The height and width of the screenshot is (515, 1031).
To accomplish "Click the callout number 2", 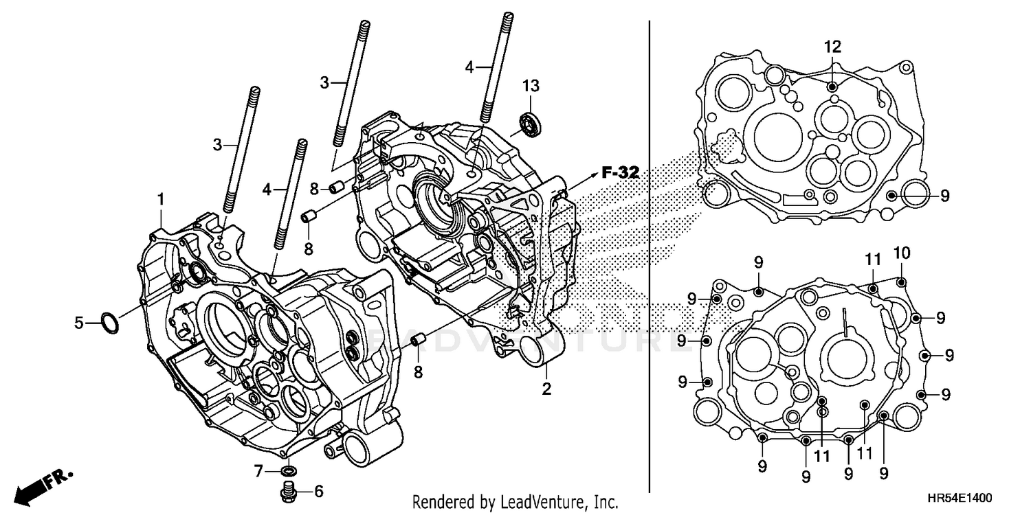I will pyautogui.click(x=546, y=389).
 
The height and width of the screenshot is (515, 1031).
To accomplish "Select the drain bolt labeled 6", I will pyautogui.click(x=289, y=490).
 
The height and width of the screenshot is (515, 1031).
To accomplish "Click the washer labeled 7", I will pyautogui.click(x=289, y=471).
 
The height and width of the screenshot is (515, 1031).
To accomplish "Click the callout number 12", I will pyautogui.click(x=832, y=47).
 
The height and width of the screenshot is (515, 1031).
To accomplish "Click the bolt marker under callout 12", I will pyautogui.click(x=832, y=87).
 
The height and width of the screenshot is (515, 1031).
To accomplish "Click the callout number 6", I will pyautogui.click(x=318, y=491).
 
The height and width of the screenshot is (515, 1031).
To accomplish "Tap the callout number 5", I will pyautogui.click(x=80, y=322).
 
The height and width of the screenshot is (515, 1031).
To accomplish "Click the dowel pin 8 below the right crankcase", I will pyautogui.click(x=417, y=341).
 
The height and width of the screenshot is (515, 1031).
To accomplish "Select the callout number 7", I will pyautogui.click(x=259, y=471).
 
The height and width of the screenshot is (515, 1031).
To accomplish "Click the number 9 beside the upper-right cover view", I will pyautogui.click(x=944, y=196).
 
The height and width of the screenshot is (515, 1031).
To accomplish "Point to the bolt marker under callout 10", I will pyautogui.click(x=902, y=280).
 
